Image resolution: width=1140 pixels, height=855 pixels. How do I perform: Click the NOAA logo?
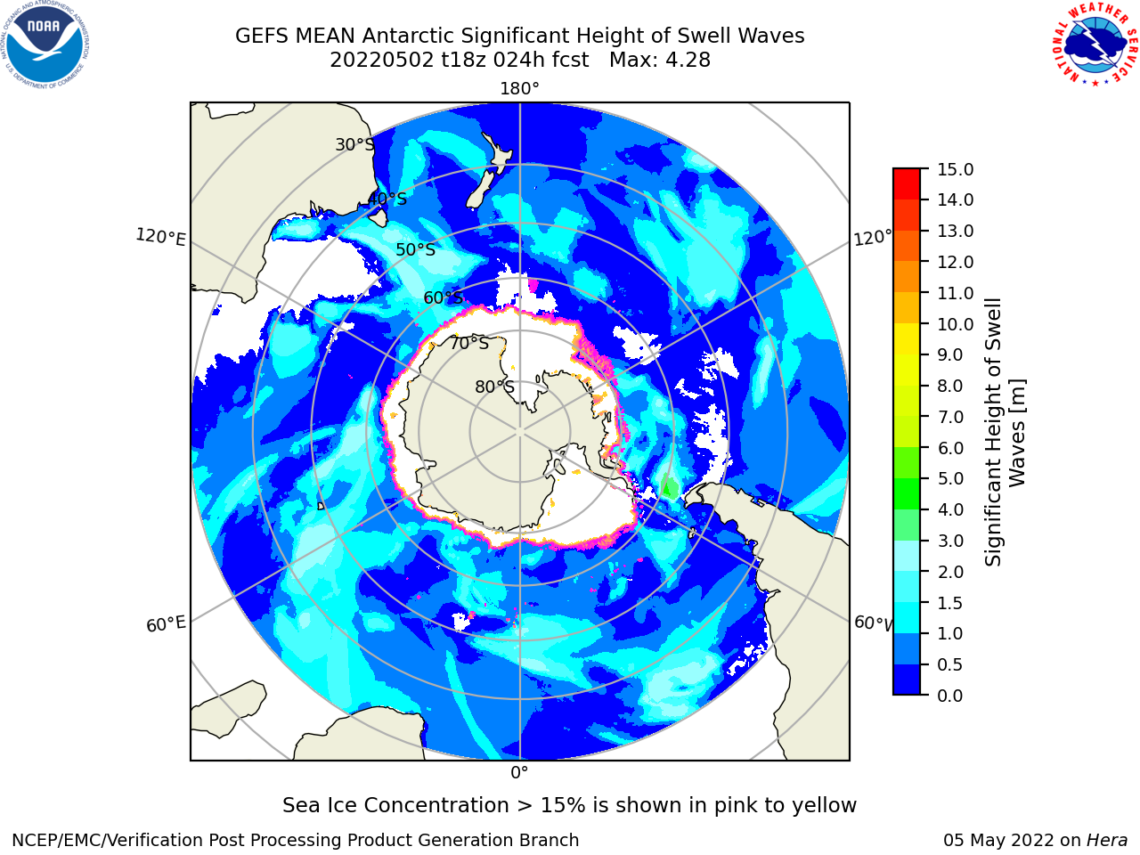pyautogui.click(x=45, y=45)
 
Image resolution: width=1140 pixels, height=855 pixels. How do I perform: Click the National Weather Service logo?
pyautogui.click(x=1095, y=44)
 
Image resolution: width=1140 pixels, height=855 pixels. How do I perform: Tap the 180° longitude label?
pyautogui.click(x=519, y=89)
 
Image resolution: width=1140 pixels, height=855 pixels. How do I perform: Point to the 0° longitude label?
pyautogui.click(x=519, y=773)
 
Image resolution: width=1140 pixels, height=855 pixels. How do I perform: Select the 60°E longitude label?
pyautogui.click(x=166, y=624)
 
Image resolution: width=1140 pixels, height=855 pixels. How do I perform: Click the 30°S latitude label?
pyautogui.click(x=354, y=144)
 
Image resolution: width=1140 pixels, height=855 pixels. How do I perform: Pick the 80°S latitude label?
pyautogui.click(x=494, y=387)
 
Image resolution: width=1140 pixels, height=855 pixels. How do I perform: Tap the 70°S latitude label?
pyautogui.click(x=469, y=343)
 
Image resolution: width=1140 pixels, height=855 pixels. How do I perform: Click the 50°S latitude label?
pyautogui.click(x=416, y=249)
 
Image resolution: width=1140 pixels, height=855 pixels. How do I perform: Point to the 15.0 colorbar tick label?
pyautogui.click(x=955, y=169)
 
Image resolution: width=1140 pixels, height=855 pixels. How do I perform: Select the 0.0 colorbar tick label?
pyautogui.click(x=950, y=696)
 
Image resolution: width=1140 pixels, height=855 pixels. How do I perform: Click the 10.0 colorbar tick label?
pyautogui.click(x=955, y=324)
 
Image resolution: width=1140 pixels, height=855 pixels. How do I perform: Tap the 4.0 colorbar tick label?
pyautogui.click(x=950, y=509)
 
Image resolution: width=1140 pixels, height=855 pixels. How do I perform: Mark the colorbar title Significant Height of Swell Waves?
pyautogui.click(x=1005, y=432)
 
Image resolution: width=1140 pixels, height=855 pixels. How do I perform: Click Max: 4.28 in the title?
pyautogui.click(x=660, y=60)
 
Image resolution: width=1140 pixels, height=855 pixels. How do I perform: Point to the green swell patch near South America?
pyautogui.click(x=670, y=486)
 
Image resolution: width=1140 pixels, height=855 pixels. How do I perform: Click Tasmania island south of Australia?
pyautogui.click(x=379, y=217)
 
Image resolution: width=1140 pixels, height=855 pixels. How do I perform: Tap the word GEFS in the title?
pyautogui.click(x=262, y=36)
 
